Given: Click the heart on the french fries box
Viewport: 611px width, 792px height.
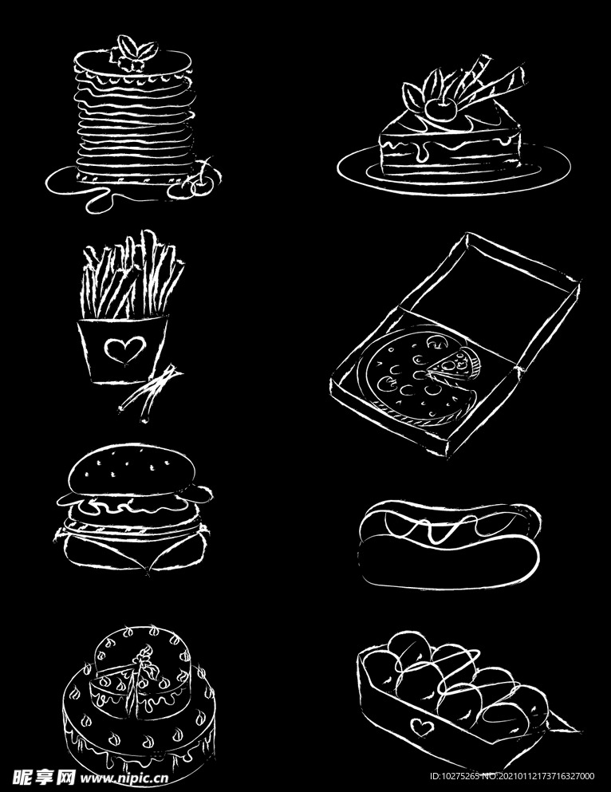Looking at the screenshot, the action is pos(124,349).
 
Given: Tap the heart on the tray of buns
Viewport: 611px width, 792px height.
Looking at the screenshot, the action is pos(422,727).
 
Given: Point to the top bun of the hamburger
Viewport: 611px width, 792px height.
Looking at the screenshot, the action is pos(132,470).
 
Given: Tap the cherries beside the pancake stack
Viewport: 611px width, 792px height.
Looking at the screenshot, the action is pos(196,181).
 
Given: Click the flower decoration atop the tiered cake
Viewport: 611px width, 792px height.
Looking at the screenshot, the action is pos(144,659).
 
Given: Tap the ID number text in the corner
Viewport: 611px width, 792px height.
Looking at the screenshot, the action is pos(512,776).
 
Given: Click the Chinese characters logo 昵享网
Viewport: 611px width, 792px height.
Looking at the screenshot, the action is pos(44,778).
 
